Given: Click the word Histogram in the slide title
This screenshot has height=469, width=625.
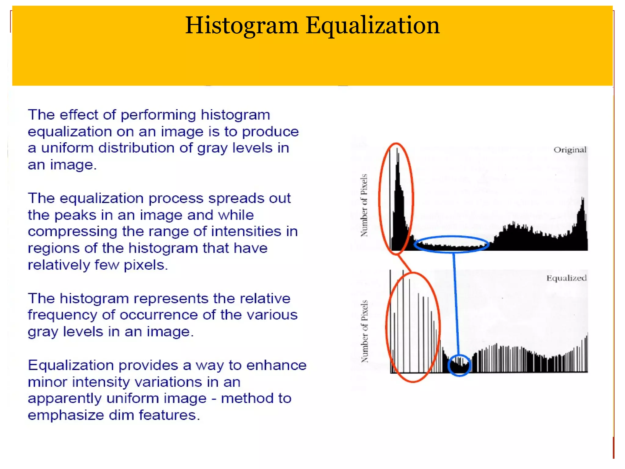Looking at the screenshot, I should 241,26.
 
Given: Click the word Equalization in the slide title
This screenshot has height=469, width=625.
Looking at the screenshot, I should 373,26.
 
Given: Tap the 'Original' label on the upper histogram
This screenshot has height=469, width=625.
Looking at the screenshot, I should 570,150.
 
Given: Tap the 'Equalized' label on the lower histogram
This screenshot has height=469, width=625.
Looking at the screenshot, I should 566,278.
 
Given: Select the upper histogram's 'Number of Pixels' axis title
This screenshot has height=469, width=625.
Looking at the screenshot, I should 364,205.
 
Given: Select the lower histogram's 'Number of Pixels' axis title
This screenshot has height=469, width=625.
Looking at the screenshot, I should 364,332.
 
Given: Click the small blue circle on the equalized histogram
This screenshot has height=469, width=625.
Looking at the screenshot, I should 459,365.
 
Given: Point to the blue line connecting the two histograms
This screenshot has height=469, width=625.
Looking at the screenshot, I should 456,302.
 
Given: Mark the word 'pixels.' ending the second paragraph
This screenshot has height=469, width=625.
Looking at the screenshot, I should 146,265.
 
